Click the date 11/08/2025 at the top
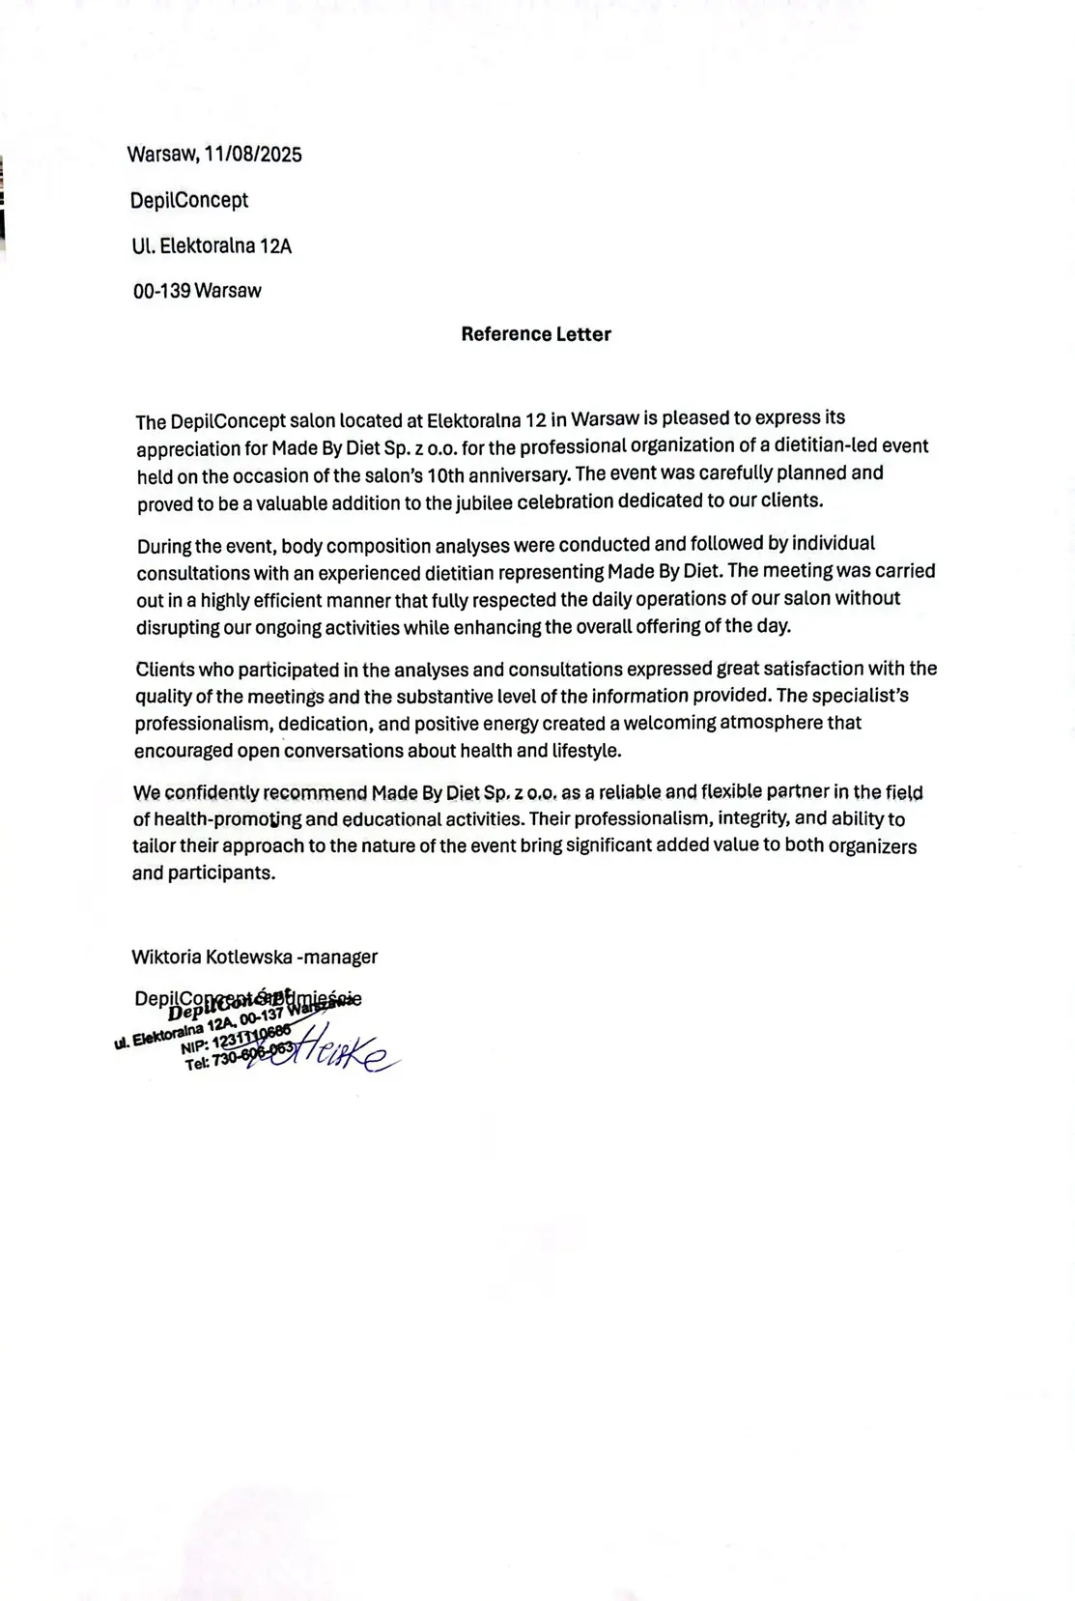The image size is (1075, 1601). coord(253,155)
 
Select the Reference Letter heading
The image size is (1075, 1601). coord(536,334)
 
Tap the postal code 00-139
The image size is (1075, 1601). coord(162,291)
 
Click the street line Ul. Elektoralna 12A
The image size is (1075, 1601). coord(212,246)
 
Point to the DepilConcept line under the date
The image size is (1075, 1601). coord(189,201)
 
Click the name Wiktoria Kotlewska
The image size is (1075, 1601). coord(212,958)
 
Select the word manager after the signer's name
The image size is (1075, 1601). coord(340,958)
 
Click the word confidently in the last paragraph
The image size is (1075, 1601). coord(212,793)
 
